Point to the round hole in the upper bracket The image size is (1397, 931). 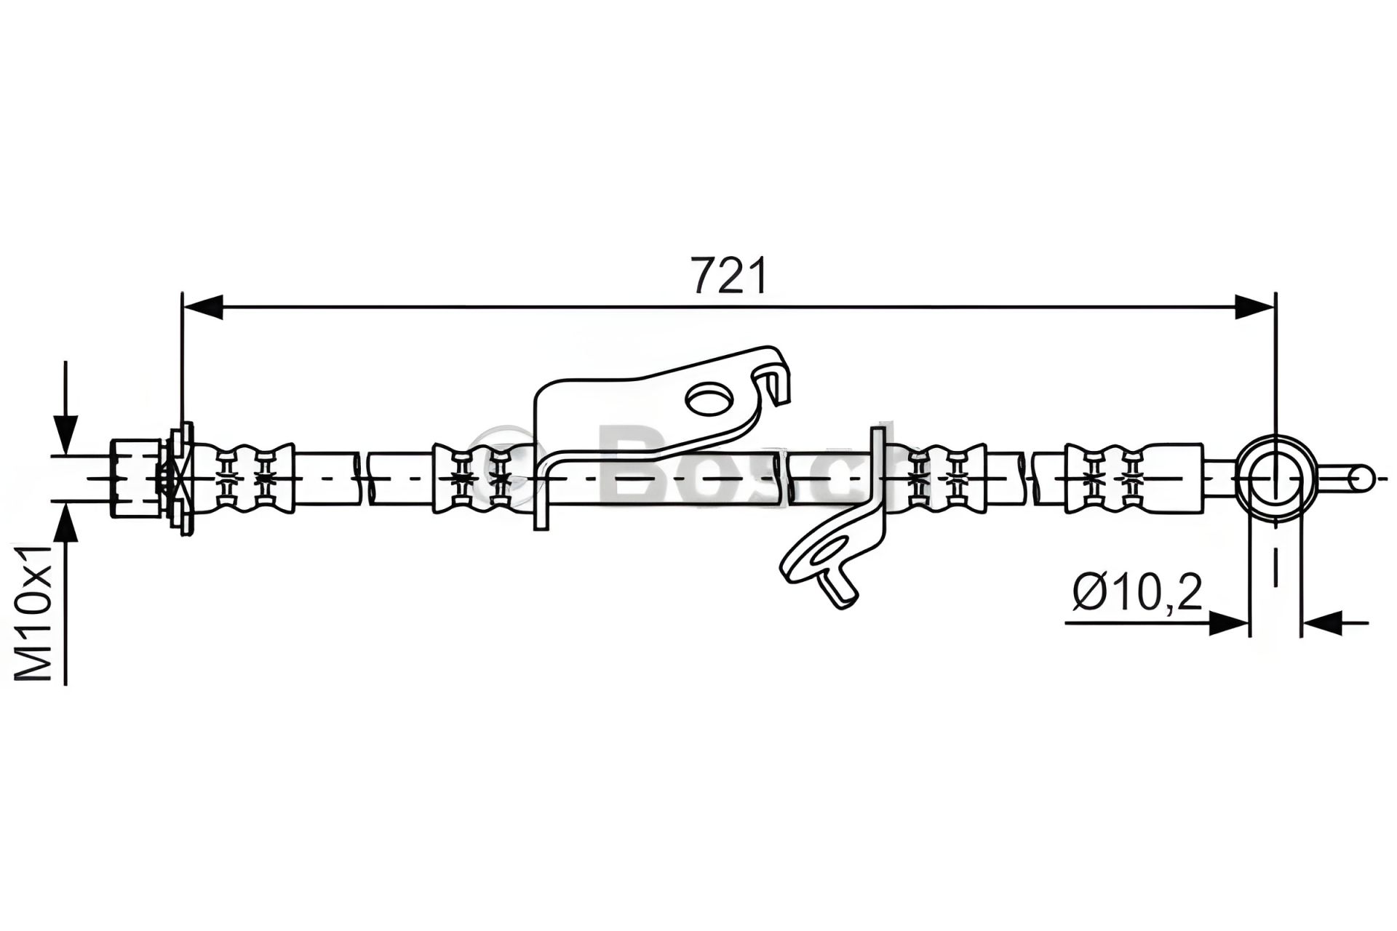(x=709, y=399)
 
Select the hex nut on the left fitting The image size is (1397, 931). (x=135, y=478)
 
